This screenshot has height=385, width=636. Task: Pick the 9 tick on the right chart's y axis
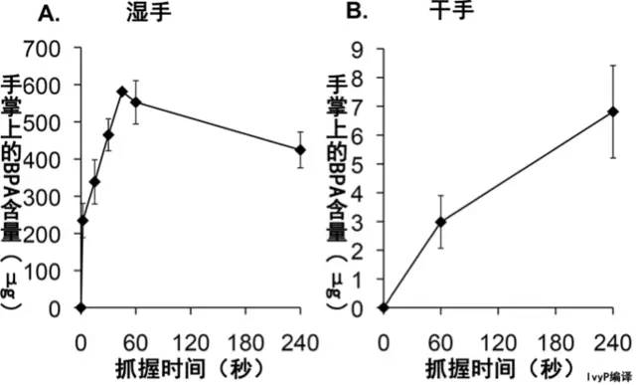pos(364,49)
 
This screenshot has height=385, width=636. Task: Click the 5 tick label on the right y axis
pos(364,164)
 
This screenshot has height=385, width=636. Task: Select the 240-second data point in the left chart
pos(300,150)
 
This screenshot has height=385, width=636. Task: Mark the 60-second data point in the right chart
pos(440,222)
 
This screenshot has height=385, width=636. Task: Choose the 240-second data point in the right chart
pos(613,112)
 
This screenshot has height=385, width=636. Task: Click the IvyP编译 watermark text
pos(608,377)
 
